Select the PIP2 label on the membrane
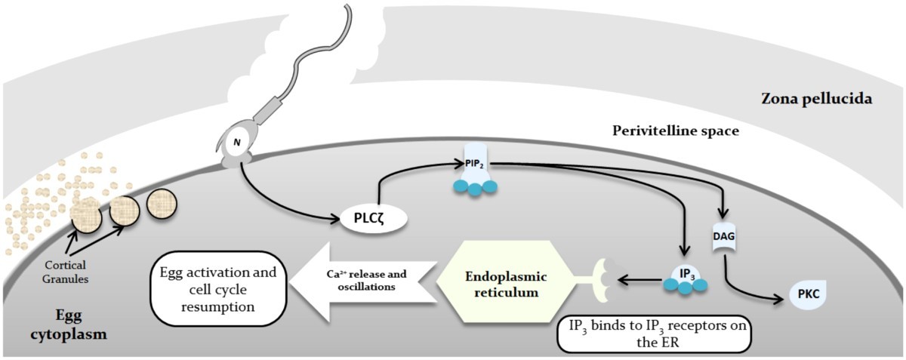(x=475, y=164)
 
